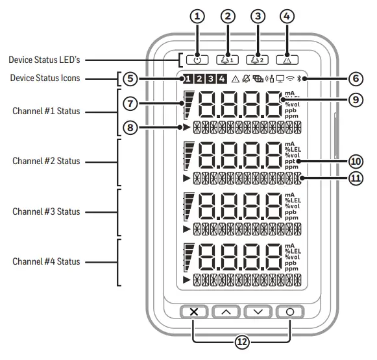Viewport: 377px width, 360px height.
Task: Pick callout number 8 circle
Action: (x=132, y=128)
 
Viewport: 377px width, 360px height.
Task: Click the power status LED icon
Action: (x=197, y=60)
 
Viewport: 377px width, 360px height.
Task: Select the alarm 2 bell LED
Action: (x=258, y=60)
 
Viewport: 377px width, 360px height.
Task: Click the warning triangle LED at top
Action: (x=287, y=60)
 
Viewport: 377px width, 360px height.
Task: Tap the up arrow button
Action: (x=226, y=311)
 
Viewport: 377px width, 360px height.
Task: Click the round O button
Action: (x=289, y=311)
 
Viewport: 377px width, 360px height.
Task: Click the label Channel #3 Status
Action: (x=46, y=211)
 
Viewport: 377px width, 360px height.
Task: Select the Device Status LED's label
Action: (x=43, y=60)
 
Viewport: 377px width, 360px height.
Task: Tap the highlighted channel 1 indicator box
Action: (x=187, y=80)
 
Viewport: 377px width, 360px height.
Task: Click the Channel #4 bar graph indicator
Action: (x=189, y=256)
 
